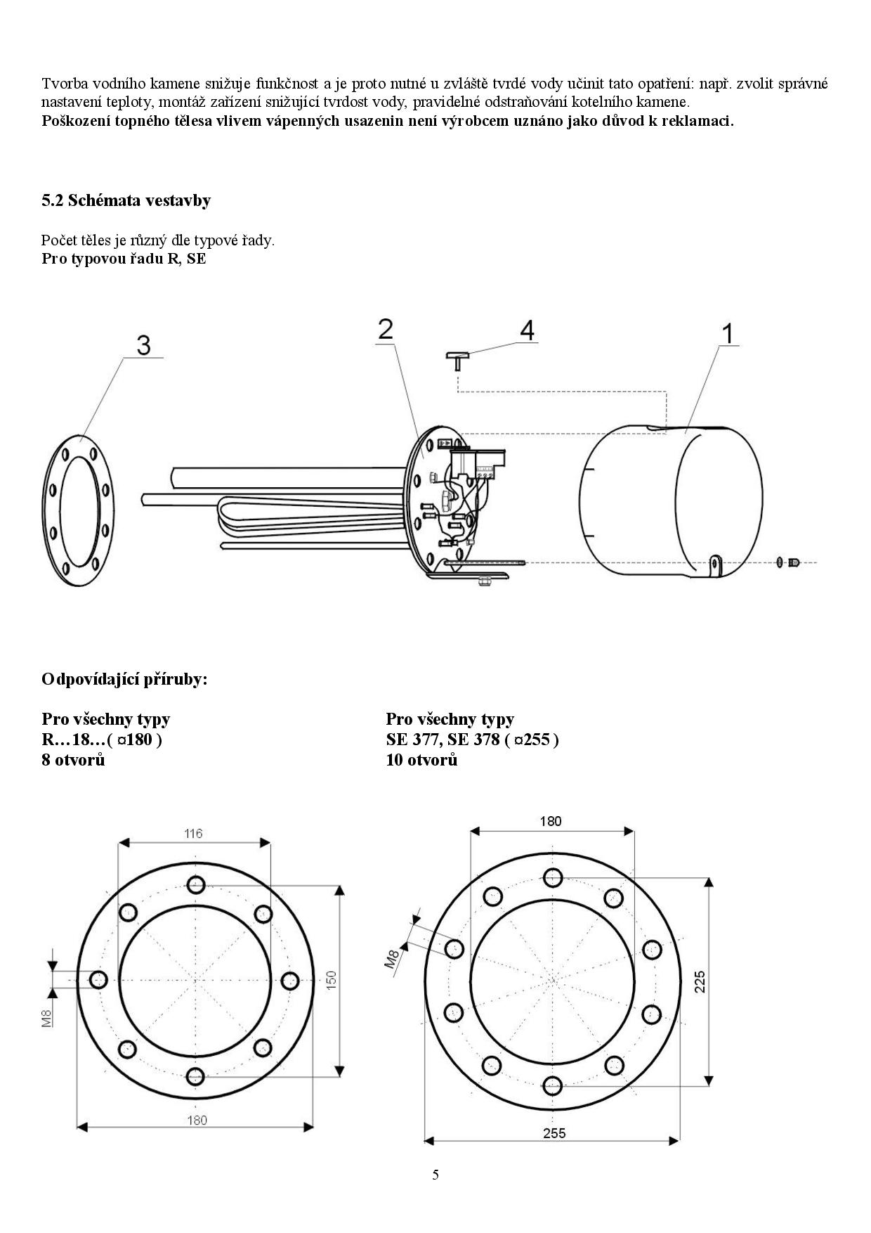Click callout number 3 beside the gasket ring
[143, 345]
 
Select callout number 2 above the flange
[386, 329]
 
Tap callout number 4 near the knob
[526, 330]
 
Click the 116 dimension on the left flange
[193, 834]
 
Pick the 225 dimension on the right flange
[700, 981]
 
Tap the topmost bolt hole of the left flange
[196, 884]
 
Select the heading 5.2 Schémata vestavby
[126, 200]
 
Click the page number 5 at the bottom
[435, 1175]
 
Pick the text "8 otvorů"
[73, 759]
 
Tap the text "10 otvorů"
[421, 759]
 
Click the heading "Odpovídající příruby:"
[124, 680]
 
